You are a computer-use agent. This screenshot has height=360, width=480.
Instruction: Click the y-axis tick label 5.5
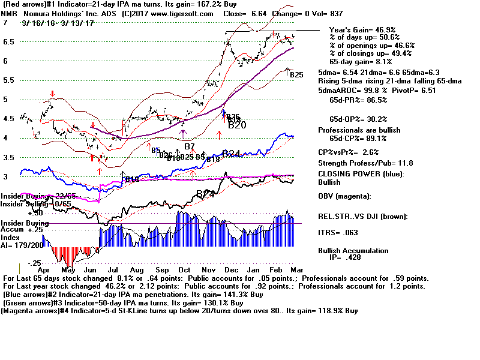(7, 80)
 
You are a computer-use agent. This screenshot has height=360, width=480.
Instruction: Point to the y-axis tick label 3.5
(7, 158)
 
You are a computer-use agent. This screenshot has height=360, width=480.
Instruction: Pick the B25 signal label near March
(296, 75)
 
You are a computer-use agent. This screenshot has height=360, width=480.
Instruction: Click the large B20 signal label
(237, 125)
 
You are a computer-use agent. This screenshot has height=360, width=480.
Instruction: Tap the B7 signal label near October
(190, 146)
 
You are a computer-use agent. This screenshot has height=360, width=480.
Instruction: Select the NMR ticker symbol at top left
(10, 13)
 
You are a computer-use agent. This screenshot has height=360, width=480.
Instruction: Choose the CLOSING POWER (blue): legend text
(360, 175)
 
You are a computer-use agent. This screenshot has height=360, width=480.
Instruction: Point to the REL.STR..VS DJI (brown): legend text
(364, 216)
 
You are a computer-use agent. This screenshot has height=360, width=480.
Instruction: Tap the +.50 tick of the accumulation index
(36, 213)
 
